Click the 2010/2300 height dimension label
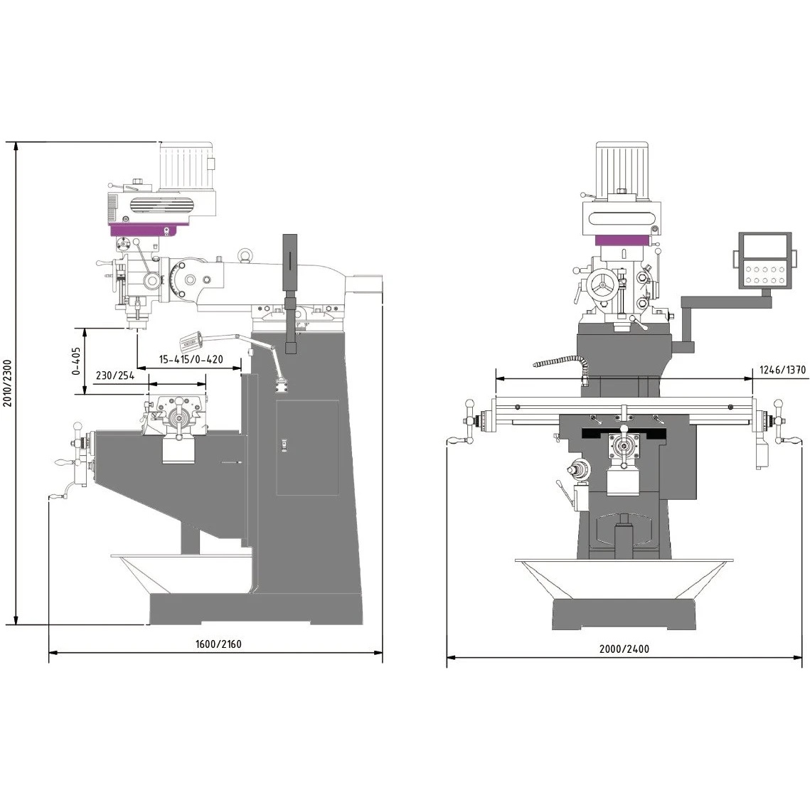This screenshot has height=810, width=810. click(x=7, y=383)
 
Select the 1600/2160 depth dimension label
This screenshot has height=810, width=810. click(x=218, y=644)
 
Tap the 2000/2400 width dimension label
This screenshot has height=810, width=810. click(x=624, y=649)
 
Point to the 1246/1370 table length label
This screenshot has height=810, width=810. click(x=782, y=369)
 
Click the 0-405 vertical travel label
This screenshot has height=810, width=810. click(x=76, y=361)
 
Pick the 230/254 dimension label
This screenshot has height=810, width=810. click(x=114, y=375)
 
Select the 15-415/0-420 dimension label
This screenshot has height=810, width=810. click(x=191, y=359)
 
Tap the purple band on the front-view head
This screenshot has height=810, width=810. click(x=622, y=240)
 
